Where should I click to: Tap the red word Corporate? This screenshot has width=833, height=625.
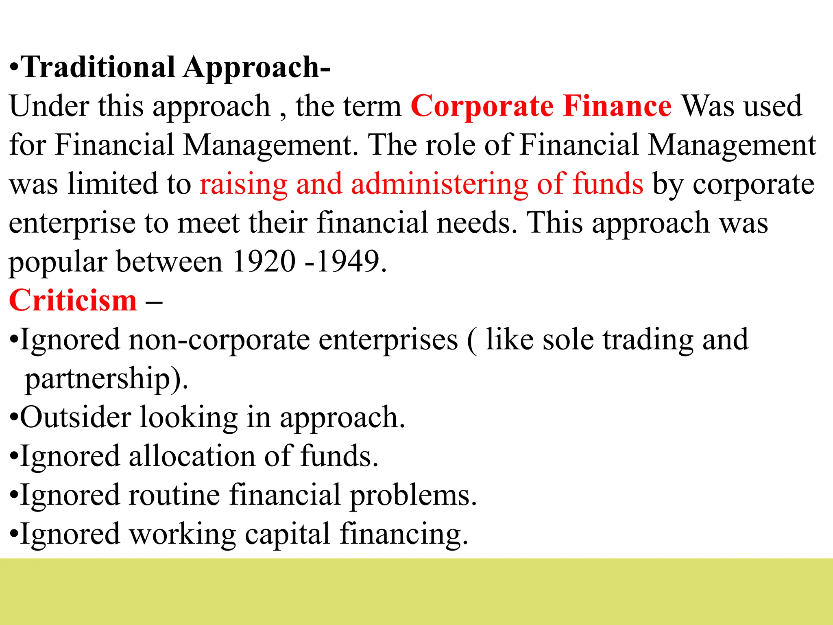[x=482, y=106]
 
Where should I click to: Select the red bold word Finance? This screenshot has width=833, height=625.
[x=617, y=106]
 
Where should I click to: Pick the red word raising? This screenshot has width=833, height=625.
[x=243, y=184]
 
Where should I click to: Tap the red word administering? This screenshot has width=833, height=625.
[x=439, y=184]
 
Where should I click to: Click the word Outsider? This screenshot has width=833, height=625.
[x=76, y=417]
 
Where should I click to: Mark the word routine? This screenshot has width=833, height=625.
[x=174, y=495]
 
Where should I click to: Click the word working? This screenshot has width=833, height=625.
[x=183, y=534]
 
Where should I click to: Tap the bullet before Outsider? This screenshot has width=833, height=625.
[x=14, y=418]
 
